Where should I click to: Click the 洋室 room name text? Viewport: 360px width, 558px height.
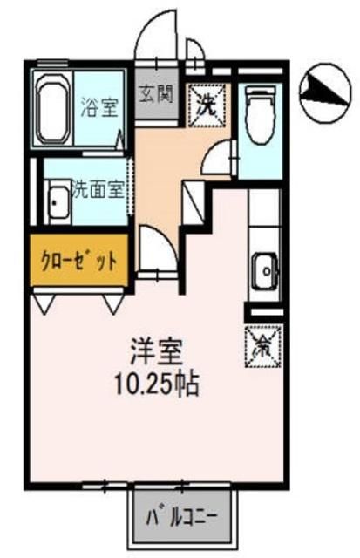pyautogui.click(x=158, y=353)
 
